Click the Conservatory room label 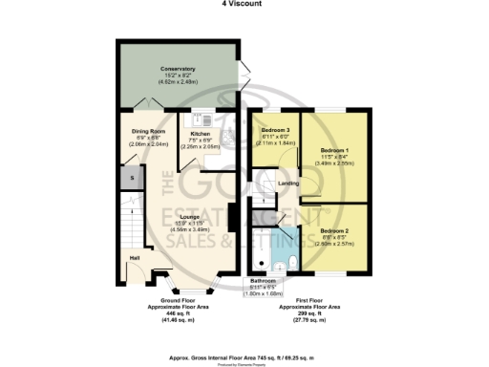[178, 69]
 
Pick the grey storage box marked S [132, 178]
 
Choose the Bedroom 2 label [334, 231]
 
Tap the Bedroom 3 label [274, 130]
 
